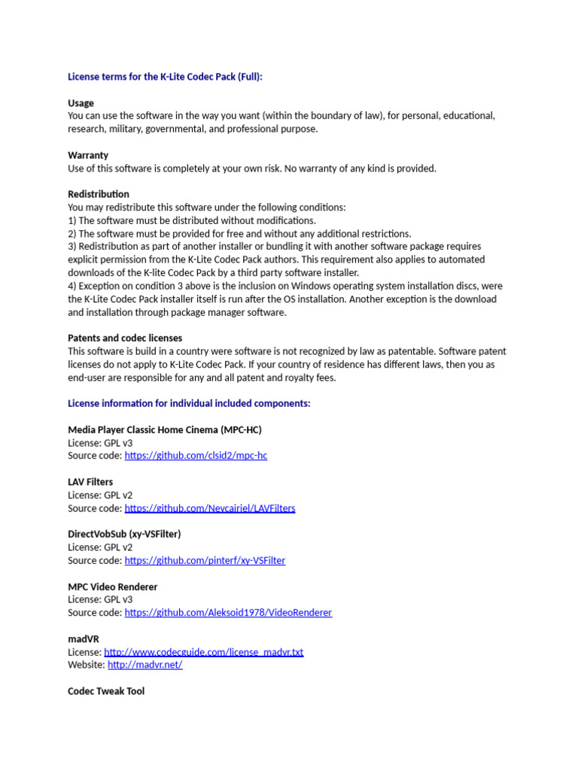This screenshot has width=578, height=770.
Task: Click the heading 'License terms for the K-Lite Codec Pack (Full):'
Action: (x=165, y=77)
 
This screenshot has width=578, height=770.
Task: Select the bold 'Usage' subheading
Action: (x=81, y=103)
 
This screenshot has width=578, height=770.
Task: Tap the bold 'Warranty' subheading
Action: (x=88, y=155)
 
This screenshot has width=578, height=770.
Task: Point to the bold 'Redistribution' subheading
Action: (x=99, y=194)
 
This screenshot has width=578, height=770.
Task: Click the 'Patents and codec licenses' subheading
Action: (x=125, y=338)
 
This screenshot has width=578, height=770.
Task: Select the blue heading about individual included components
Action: (x=189, y=404)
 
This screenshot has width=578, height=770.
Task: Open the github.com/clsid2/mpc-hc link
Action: (x=196, y=456)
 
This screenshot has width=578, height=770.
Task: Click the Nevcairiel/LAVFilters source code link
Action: (x=210, y=508)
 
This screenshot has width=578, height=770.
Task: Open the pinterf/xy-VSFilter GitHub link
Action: (x=205, y=560)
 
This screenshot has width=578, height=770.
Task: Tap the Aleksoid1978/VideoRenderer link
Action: (x=228, y=613)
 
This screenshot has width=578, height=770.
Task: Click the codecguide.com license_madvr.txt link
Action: (x=203, y=652)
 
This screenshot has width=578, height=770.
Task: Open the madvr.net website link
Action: (x=145, y=665)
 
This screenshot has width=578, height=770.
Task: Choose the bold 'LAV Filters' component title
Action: (x=90, y=482)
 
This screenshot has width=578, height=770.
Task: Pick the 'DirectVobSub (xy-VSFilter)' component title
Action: (x=124, y=534)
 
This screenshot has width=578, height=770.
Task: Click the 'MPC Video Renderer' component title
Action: (x=113, y=587)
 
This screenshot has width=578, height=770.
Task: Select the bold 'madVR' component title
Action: (x=84, y=638)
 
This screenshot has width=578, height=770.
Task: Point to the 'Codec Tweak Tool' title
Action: (x=106, y=691)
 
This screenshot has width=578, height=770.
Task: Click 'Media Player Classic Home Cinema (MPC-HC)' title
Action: (x=165, y=430)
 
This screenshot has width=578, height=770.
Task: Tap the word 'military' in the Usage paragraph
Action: (x=129, y=129)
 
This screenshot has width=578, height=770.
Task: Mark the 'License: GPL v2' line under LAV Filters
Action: (x=100, y=495)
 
